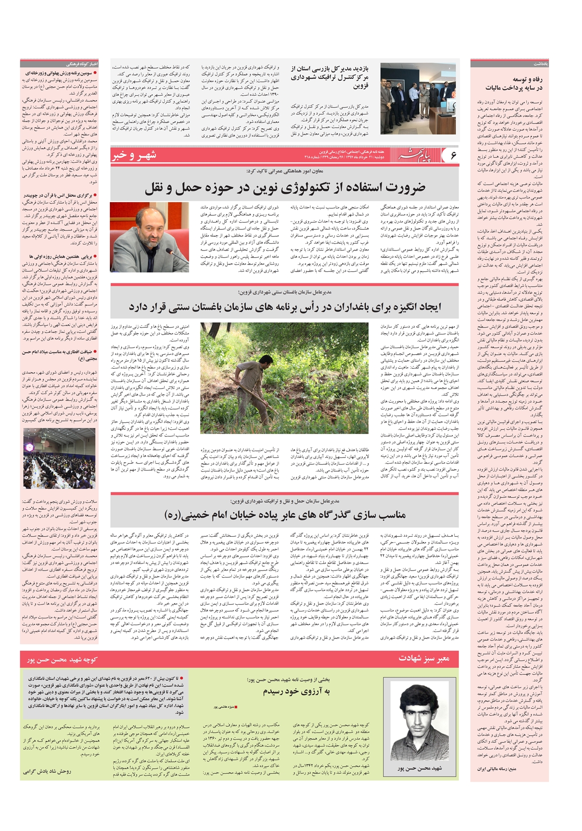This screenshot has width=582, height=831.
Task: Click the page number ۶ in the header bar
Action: (452, 155)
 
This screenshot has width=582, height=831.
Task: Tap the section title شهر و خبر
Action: (134, 155)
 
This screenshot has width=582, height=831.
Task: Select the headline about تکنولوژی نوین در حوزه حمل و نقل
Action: (285, 188)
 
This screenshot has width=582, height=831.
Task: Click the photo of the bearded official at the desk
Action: (149, 237)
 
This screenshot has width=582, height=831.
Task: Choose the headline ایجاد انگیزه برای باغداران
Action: (285, 307)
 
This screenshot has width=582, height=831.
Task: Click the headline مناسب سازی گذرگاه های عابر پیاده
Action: (285, 515)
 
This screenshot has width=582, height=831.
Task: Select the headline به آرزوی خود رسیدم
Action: (297, 691)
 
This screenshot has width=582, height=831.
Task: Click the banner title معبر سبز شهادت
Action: (424, 659)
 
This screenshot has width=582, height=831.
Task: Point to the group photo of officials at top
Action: (418, 99)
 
